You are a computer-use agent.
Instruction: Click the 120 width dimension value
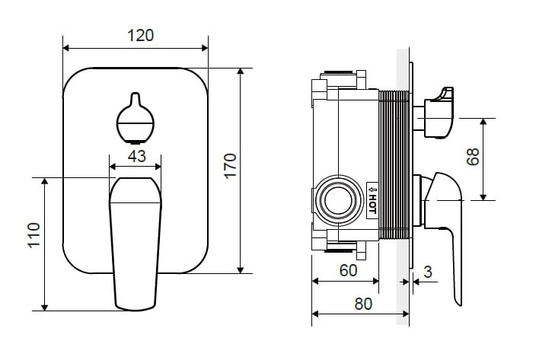141,36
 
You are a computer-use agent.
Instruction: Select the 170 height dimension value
231,166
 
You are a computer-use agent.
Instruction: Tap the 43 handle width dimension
137,156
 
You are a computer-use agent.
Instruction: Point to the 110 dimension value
34,235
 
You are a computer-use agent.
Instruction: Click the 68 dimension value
474,157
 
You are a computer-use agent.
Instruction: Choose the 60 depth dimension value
349,270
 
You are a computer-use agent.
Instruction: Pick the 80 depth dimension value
363,304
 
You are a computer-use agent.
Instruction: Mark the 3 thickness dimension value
428,272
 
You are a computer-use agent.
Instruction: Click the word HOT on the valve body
372,203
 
